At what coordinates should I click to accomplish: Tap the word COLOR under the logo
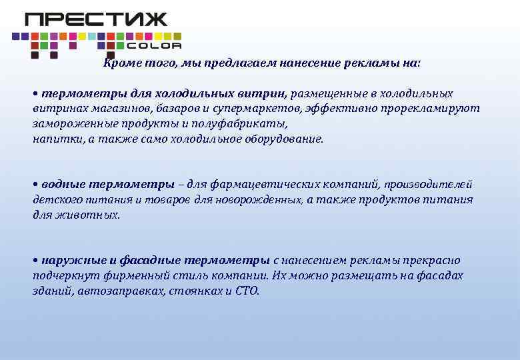(153, 46)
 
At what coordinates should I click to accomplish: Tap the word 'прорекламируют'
(437, 109)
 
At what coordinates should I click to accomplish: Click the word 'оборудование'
(285, 139)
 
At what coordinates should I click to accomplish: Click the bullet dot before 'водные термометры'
(35, 184)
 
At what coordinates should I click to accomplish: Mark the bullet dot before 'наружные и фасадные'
(35, 260)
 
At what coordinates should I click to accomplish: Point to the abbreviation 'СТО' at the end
(245, 291)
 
